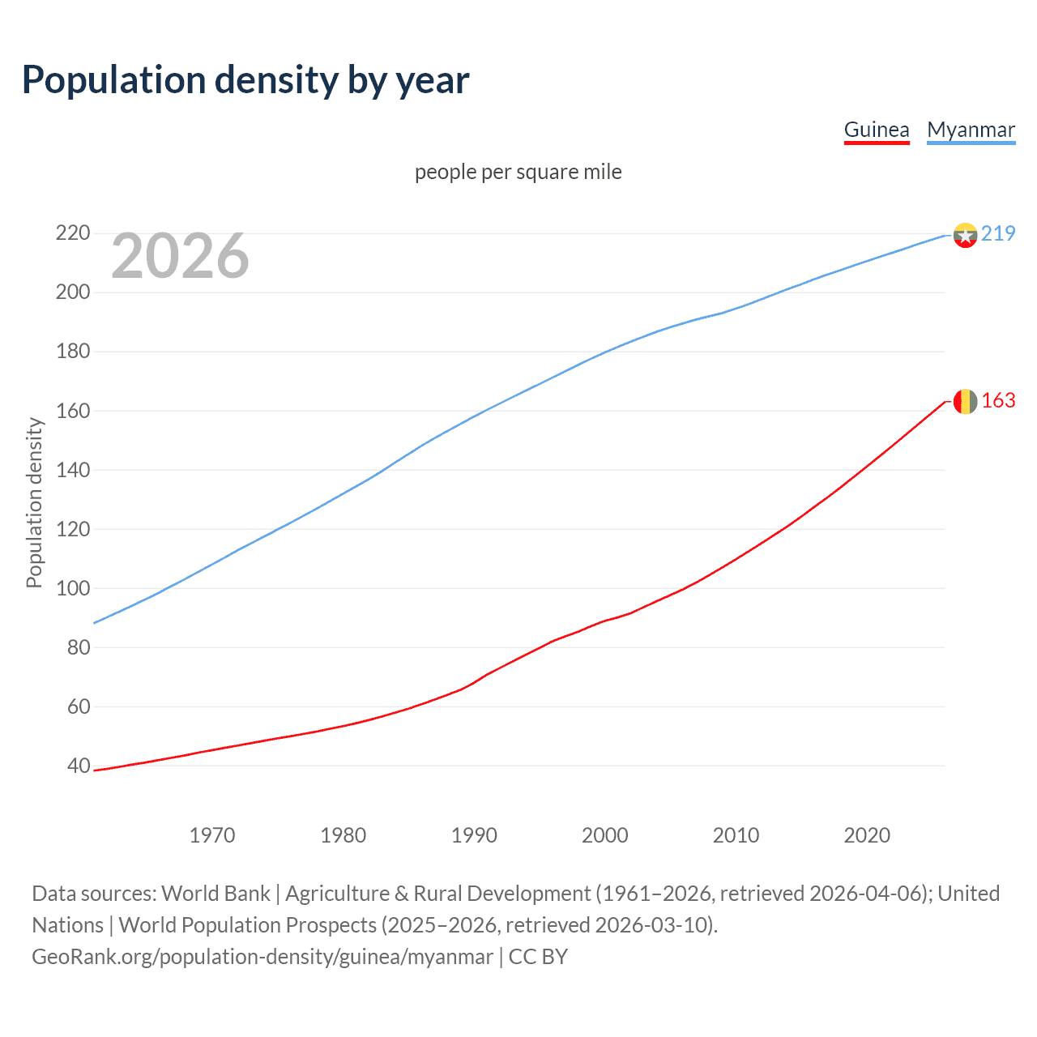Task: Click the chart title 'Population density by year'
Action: point(245,80)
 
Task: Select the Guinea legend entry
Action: point(877,130)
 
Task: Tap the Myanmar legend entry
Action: point(971,130)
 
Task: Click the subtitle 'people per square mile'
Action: point(518,172)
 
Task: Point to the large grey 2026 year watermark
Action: point(180,256)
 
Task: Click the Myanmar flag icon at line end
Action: point(965,235)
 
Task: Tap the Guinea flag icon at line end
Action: point(965,401)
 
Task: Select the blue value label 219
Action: point(998,233)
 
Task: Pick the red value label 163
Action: point(998,401)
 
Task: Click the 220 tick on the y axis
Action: point(73,233)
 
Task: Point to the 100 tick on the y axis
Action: point(73,588)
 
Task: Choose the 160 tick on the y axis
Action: point(73,411)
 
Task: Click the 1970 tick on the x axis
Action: point(212,835)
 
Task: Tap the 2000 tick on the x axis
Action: point(605,835)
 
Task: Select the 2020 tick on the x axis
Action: point(867,835)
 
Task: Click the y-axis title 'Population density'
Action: point(34,502)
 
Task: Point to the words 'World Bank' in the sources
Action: point(216,894)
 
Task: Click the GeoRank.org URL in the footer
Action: point(262,957)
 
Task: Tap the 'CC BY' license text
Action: point(538,957)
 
